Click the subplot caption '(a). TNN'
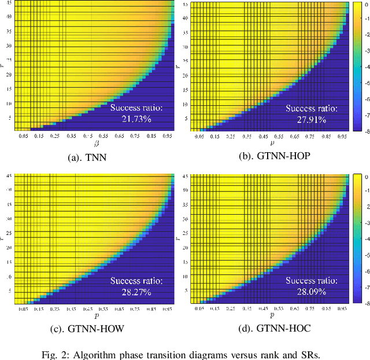coord(94,157)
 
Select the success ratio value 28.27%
coord(136,292)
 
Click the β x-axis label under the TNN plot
coord(94,142)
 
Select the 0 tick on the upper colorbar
coord(365,4)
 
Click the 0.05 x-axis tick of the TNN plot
coord(23,135)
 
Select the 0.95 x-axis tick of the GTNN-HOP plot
coord(342,137)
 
